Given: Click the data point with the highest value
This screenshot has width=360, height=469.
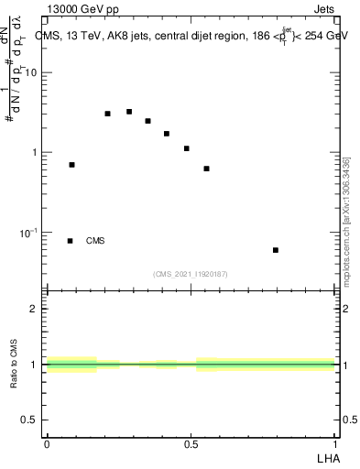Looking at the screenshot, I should pos(129,112).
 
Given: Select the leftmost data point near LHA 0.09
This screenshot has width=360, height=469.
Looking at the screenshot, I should pos(71,165).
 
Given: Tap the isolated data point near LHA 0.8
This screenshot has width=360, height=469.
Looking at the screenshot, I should pos(276,250).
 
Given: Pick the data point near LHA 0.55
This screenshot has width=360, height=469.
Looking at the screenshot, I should pos(207,169).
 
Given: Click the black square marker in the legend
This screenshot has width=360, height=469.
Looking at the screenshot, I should pos(71,241).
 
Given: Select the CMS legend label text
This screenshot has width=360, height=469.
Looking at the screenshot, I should pos(95,241).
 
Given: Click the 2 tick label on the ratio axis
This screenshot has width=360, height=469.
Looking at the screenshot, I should pos(37,309).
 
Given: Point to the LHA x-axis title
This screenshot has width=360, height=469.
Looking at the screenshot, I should pos(327,457).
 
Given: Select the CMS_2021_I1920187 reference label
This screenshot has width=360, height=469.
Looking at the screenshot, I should pos(191,274).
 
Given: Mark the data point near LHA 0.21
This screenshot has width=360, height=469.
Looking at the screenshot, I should pos(107,114).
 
